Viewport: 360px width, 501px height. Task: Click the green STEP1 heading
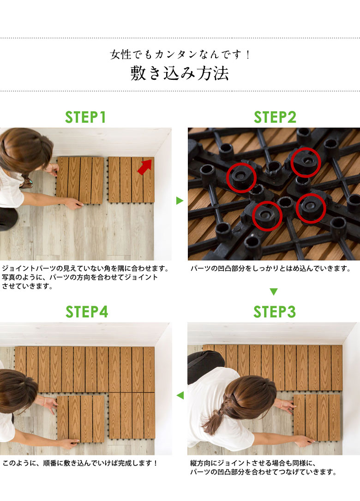point(85,117)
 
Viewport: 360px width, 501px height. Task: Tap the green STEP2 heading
point(275,117)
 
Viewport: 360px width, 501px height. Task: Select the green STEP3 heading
point(275,312)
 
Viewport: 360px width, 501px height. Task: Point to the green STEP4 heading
point(87,312)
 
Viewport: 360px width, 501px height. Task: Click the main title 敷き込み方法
point(180,73)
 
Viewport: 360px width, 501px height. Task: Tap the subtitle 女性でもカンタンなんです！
point(180,54)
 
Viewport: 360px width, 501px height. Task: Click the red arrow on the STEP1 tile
point(145,167)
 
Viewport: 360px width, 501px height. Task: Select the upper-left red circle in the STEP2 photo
point(241,178)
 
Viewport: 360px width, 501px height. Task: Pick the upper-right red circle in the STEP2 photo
point(306,162)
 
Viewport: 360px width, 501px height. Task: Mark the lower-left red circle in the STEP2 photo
point(267,216)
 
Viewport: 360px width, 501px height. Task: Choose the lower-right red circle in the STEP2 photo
point(311,209)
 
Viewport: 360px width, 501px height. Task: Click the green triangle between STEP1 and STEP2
point(180,201)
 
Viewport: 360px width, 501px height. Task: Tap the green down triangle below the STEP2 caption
point(274,292)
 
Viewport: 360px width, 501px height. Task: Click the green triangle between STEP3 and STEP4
point(180,395)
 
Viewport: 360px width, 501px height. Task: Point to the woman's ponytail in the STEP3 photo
point(213,414)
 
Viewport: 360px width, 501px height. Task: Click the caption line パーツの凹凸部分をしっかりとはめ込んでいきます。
point(271,268)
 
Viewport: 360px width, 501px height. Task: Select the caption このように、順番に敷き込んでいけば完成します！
point(80,463)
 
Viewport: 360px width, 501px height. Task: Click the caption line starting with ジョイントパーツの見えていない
point(86,268)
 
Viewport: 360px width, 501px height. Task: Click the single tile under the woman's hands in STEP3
point(317,417)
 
